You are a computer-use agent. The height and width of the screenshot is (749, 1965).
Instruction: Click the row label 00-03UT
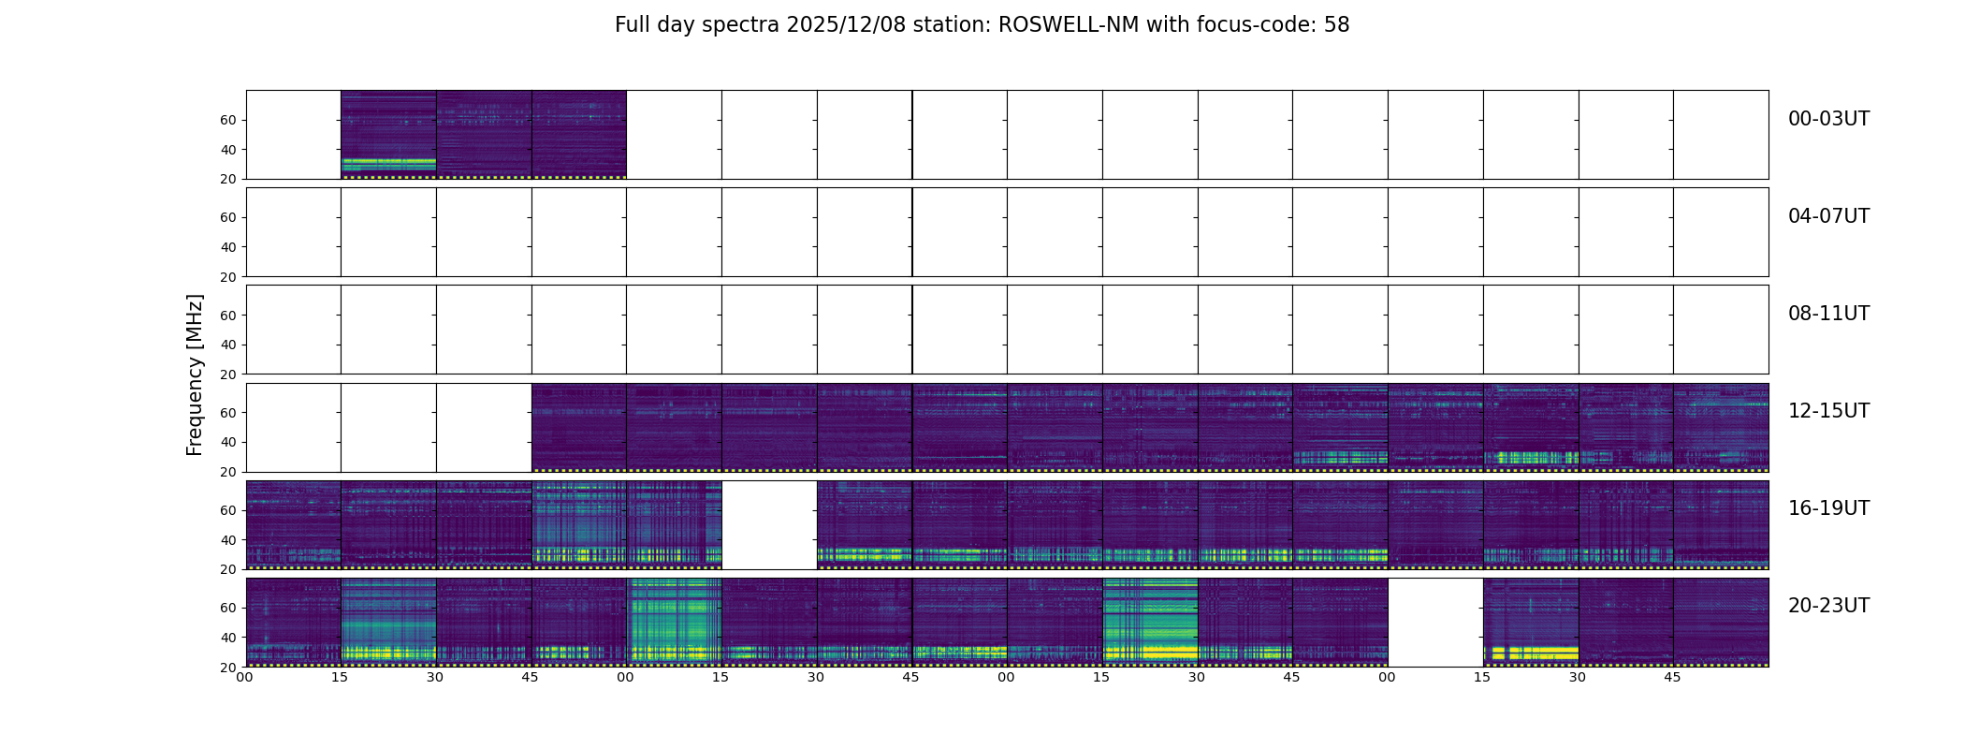1828,119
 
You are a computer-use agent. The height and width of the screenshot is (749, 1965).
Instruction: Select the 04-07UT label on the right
1828,216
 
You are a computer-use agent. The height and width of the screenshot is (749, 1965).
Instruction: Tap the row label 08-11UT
1828,314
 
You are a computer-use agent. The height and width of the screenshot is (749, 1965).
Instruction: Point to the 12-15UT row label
1828,411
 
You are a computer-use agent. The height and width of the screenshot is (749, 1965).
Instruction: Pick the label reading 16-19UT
1828,508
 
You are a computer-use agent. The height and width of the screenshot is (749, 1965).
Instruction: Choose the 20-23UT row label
1828,606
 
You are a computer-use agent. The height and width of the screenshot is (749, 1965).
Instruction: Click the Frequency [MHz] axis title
195,374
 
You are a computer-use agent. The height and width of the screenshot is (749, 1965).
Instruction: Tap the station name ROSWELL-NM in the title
1069,25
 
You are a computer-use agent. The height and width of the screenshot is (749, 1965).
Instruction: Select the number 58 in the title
1336,25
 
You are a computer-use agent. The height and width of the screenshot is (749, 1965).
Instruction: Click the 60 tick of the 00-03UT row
228,120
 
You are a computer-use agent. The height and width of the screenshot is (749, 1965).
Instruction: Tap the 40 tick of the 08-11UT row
228,345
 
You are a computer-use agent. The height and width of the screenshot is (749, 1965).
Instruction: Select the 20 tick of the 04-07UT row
228,277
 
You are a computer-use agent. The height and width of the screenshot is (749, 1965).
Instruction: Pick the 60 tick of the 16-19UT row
228,510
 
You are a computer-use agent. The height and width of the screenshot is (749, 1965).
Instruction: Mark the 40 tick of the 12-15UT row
228,443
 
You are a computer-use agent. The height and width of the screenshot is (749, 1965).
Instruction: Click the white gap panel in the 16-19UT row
769,525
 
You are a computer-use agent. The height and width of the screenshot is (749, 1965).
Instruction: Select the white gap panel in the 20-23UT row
1435,623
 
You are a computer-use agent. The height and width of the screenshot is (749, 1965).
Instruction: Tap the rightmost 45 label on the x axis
1672,677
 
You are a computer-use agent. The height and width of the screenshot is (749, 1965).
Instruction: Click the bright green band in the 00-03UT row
388,163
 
